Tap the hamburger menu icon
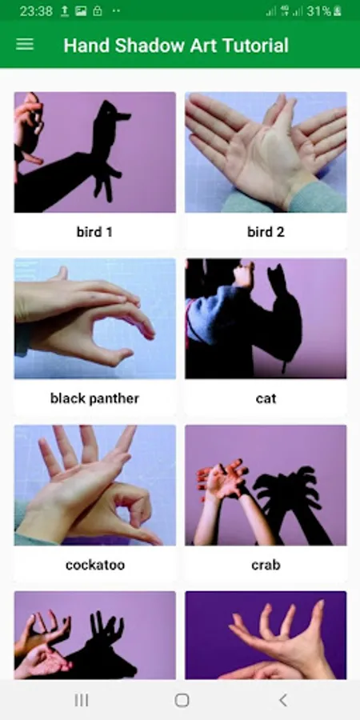(x=25, y=44)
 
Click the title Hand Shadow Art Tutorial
(x=176, y=46)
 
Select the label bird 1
(x=94, y=232)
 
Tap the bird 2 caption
(x=266, y=232)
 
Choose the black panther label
(x=94, y=398)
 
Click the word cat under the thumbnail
(x=266, y=398)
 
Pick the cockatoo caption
(x=94, y=565)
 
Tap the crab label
(x=266, y=565)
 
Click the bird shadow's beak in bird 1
(x=123, y=116)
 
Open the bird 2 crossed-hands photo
(x=266, y=152)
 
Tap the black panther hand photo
(x=94, y=318)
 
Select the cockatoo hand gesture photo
(x=94, y=485)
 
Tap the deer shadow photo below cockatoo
(x=94, y=634)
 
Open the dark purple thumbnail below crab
(x=266, y=634)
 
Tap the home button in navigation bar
(x=182, y=700)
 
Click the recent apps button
(x=82, y=700)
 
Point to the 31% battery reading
(x=318, y=11)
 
